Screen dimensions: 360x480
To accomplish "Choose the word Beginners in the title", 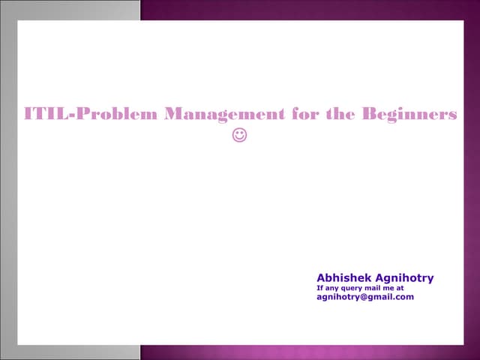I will click(x=409, y=115).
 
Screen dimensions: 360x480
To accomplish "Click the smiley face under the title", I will click(x=240, y=136).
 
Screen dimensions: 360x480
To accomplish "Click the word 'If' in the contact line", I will click(x=320, y=287).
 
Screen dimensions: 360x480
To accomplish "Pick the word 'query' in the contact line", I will click(x=355, y=288).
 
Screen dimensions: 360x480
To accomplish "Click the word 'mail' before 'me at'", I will click(x=377, y=287).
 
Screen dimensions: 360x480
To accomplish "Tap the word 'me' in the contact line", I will click(x=392, y=288).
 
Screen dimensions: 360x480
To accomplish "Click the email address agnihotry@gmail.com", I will click(x=365, y=297).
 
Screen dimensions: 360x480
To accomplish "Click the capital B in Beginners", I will click(x=370, y=115).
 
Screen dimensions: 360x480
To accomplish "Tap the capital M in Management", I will click(x=175, y=115).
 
